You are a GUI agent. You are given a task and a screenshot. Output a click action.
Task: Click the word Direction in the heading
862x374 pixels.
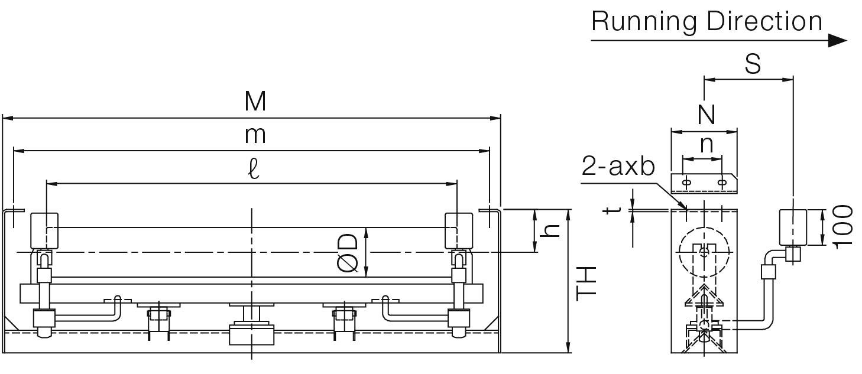(764, 21)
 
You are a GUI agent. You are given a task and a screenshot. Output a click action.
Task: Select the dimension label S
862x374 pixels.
(753, 64)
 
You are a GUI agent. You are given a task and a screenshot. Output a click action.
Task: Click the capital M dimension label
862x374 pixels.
(255, 102)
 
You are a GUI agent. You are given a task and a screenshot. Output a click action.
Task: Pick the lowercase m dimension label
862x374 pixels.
(255, 136)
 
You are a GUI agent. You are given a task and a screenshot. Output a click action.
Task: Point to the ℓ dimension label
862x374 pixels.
(254, 170)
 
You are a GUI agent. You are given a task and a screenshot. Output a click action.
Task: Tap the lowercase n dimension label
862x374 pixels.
(707, 145)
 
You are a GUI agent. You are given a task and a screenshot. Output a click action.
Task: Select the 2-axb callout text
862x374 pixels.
(618, 167)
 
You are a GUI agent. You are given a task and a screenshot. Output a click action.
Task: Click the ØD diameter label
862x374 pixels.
(348, 252)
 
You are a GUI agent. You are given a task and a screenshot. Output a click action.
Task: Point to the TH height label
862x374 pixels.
(586, 284)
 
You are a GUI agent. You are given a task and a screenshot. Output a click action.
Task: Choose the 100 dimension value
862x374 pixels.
(842, 227)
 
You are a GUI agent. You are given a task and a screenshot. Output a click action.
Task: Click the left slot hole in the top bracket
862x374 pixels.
(686, 182)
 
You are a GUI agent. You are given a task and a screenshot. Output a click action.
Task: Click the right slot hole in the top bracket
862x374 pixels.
(722, 182)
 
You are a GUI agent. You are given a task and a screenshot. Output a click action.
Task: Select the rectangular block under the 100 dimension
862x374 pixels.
(793, 227)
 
